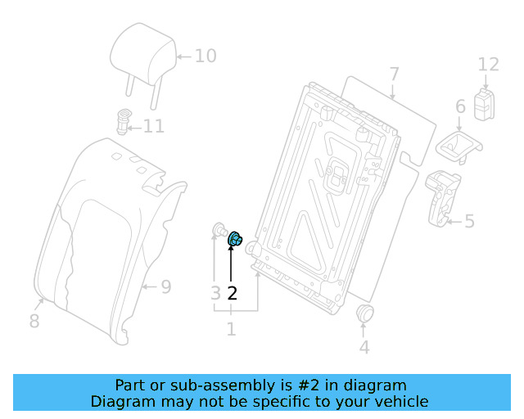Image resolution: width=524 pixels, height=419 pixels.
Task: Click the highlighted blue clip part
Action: pyautogui.click(x=233, y=239)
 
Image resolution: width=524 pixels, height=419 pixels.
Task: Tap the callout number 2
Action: pyautogui.click(x=233, y=293)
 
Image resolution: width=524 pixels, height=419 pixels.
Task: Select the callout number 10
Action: pyautogui.click(x=205, y=56)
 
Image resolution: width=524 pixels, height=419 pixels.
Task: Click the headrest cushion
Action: pyautogui.click(x=142, y=52)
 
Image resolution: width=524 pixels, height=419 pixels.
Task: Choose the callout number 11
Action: pyautogui.click(x=154, y=126)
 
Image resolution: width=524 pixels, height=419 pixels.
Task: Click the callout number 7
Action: pyautogui.click(x=394, y=74)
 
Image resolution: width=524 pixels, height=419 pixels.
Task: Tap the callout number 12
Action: pyautogui.click(x=488, y=64)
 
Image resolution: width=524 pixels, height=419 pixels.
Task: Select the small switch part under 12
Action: pyautogui.click(x=487, y=106)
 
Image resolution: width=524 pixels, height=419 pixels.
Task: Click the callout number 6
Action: pyautogui.click(x=459, y=106)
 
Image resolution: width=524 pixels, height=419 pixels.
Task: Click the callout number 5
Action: pyautogui.click(x=469, y=221)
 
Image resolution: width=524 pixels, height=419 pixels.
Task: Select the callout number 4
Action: pyautogui.click(x=364, y=347)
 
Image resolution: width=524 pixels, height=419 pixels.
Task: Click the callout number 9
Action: pyautogui.click(x=165, y=287)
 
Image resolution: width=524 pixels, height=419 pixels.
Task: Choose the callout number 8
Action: pyautogui.click(x=34, y=321)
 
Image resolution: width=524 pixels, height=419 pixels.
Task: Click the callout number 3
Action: pyautogui.click(x=215, y=293)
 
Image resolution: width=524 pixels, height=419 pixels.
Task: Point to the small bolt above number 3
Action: pyautogui.click(x=219, y=229)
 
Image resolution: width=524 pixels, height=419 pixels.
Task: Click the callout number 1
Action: pyautogui.click(x=232, y=329)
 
